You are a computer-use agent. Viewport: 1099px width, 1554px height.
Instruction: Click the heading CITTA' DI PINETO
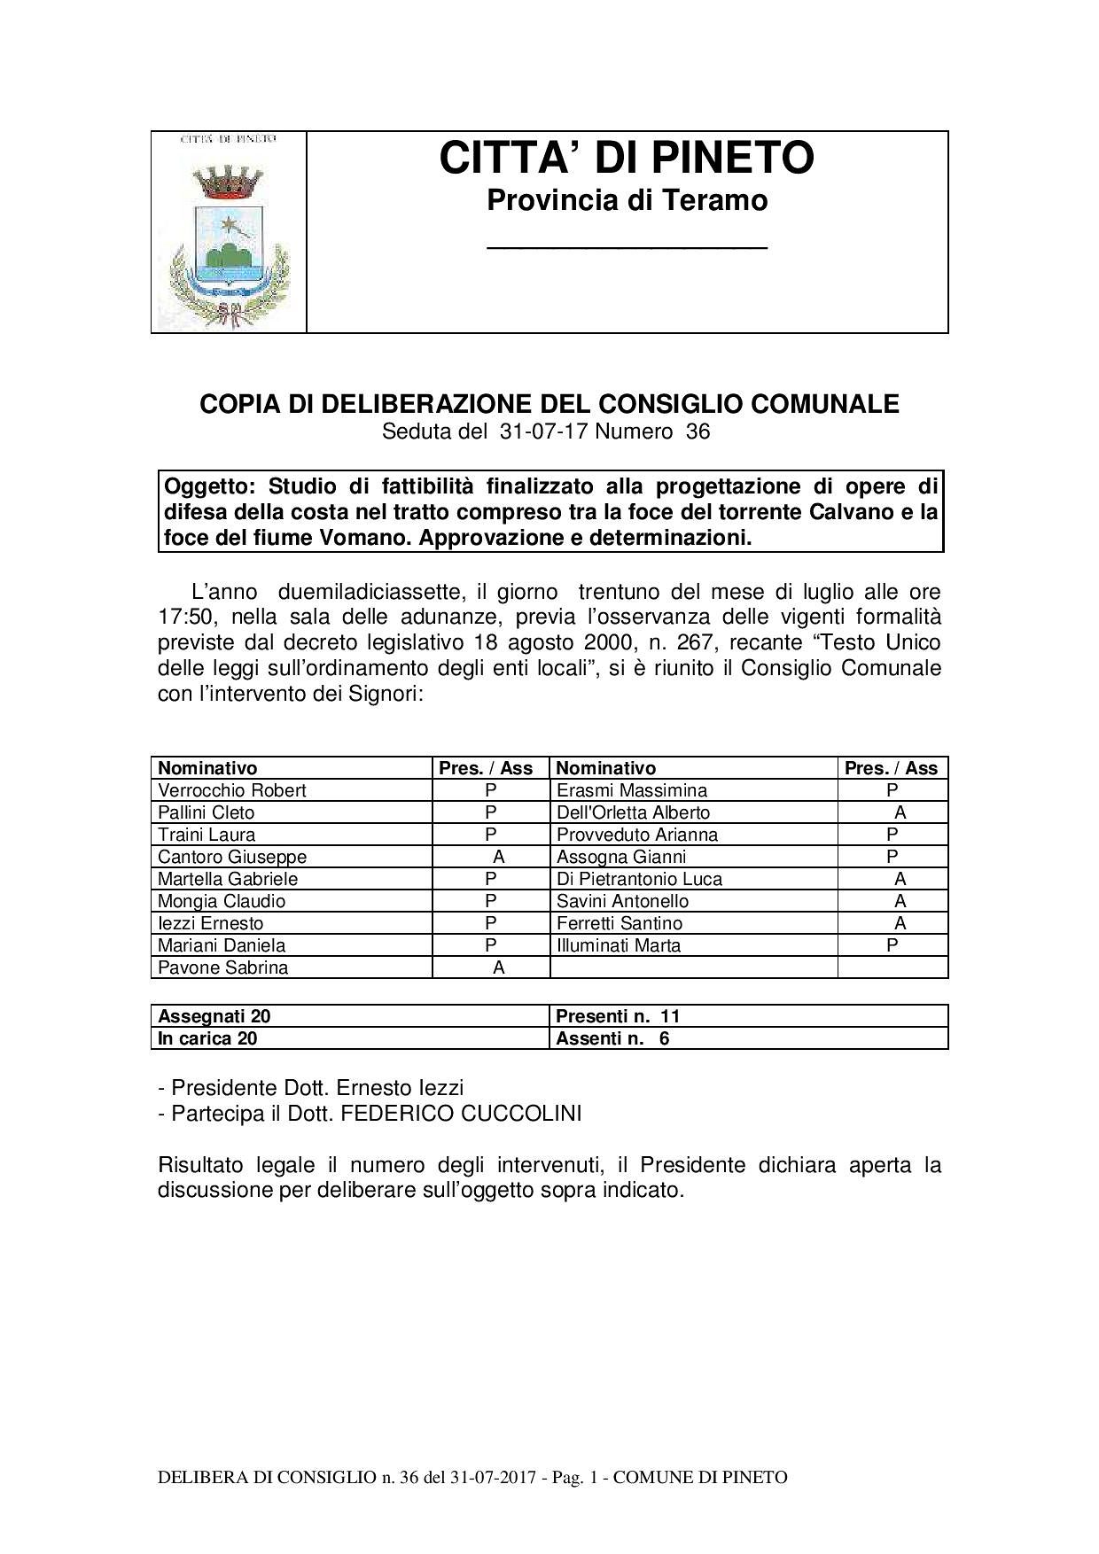(x=627, y=159)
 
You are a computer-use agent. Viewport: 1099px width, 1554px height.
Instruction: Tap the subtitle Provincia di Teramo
(x=627, y=201)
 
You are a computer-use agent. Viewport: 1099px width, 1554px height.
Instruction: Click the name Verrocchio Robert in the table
(x=231, y=790)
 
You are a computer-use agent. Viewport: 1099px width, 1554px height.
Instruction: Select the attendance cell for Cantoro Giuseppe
(x=498, y=857)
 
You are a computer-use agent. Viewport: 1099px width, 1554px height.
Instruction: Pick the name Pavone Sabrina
(x=222, y=967)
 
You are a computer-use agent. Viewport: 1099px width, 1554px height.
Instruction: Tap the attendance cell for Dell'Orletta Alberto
(x=900, y=812)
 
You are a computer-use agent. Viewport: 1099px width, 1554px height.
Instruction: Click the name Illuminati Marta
(x=619, y=945)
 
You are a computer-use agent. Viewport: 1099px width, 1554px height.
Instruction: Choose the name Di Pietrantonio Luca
(x=639, y=879)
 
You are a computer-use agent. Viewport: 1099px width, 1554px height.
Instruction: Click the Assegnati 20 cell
(x=214, y=1016)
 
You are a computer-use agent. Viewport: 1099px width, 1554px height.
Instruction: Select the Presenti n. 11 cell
(x=618, y=1016)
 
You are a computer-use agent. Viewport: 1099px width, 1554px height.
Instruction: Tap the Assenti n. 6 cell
(x=612, y=1038)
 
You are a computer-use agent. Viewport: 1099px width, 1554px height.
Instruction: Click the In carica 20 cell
(x=207, y=1038)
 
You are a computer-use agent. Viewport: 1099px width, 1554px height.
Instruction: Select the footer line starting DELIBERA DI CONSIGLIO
(x=472, y=1477)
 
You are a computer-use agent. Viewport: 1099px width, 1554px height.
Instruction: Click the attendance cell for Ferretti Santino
(x=900, y=923)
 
